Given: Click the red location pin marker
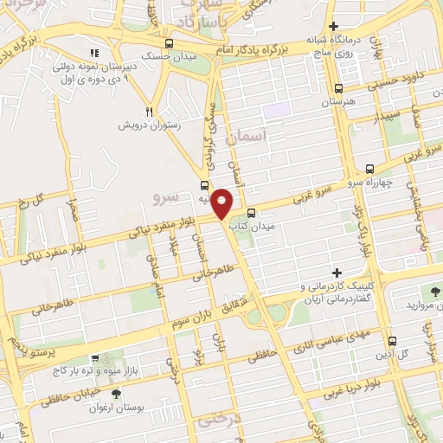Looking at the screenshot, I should pos(222,204).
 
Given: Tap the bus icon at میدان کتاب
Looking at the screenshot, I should pos(251,213).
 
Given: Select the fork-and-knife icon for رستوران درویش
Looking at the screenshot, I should pos(150,112).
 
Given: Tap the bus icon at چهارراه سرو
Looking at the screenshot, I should pos(370,170).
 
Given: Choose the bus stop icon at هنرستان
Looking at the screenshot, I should pos(338,87).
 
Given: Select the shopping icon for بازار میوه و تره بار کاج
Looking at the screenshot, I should pos(96,356).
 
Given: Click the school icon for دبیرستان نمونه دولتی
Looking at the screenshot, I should pos(96,54).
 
